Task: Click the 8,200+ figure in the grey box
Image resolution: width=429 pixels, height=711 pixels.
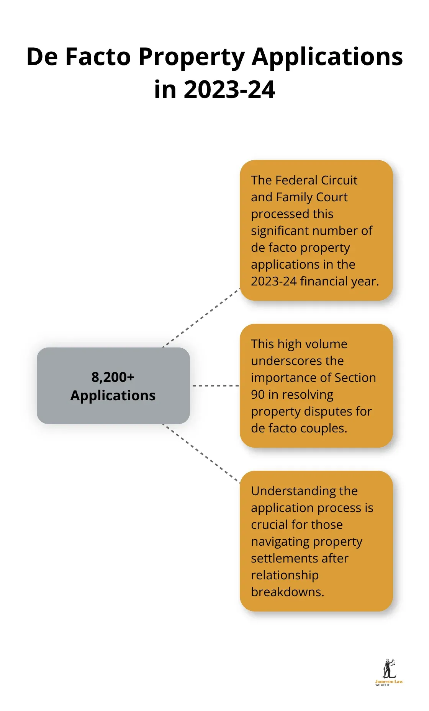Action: [x=113, y=377]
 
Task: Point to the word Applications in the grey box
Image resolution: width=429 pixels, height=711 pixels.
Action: [x=113, y=395]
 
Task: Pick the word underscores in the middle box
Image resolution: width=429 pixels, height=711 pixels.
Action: [x=297, y=361]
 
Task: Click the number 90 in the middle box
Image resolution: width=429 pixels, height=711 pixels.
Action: [x=258, y=395]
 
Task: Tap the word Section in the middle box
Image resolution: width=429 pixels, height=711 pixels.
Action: [x=355, y=378]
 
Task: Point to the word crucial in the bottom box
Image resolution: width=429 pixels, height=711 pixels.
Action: [x=270, y=525]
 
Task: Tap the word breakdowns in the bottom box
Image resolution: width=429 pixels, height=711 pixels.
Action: [x=287, y=592]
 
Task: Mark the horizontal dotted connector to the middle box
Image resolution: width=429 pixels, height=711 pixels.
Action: [x=215, y=386]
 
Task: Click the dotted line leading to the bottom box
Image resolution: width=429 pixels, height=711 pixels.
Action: [x=201, y=453]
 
